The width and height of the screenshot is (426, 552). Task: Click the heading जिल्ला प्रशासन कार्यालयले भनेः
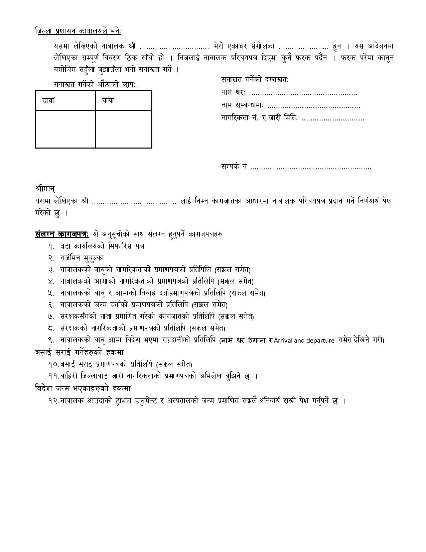[x=78, y=31]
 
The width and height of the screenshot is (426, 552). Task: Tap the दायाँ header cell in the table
[x=48, y=100]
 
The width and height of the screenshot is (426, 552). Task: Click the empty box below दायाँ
[x=65, y=129]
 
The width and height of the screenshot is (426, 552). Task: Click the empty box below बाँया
[x=124, y=129]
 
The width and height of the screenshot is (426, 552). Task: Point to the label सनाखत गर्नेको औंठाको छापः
[x=96, y=85]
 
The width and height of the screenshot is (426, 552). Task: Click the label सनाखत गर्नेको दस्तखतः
[x=255, y=80]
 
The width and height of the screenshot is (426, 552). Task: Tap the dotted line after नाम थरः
[x=303, y=93]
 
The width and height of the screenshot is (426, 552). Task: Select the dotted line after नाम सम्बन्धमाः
[x=314, y=106]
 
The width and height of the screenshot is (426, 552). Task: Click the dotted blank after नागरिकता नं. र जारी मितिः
[x=333, y=119]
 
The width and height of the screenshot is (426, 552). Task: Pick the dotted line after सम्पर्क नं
[x=311, y=167]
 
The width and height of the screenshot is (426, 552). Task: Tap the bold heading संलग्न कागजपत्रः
[x=62, y=234]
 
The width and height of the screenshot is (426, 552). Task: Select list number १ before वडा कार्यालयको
[x=51, y=246]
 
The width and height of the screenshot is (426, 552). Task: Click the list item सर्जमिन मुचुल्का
[x=82, y=258]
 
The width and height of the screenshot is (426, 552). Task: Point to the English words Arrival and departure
[x=304, y=341]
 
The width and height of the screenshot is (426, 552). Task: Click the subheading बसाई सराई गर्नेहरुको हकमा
[x=79, y=352]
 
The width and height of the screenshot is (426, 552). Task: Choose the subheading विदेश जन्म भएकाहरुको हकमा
[x=83, y=388]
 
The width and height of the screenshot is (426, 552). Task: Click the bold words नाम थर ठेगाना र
[x=247, y=340]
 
